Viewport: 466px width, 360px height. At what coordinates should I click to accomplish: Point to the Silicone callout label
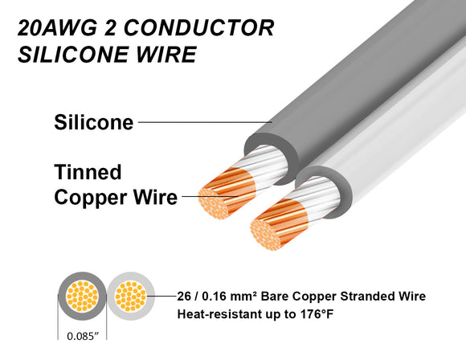click(x=92, y=122)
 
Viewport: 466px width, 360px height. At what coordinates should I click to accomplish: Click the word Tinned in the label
click(x=88, y=172)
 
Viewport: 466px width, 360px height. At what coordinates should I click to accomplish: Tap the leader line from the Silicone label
click(x=205, y=123)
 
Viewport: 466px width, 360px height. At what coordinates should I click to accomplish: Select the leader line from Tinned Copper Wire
click(x=211, y=195)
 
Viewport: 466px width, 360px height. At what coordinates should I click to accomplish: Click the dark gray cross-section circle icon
click(x=79, y=297)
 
